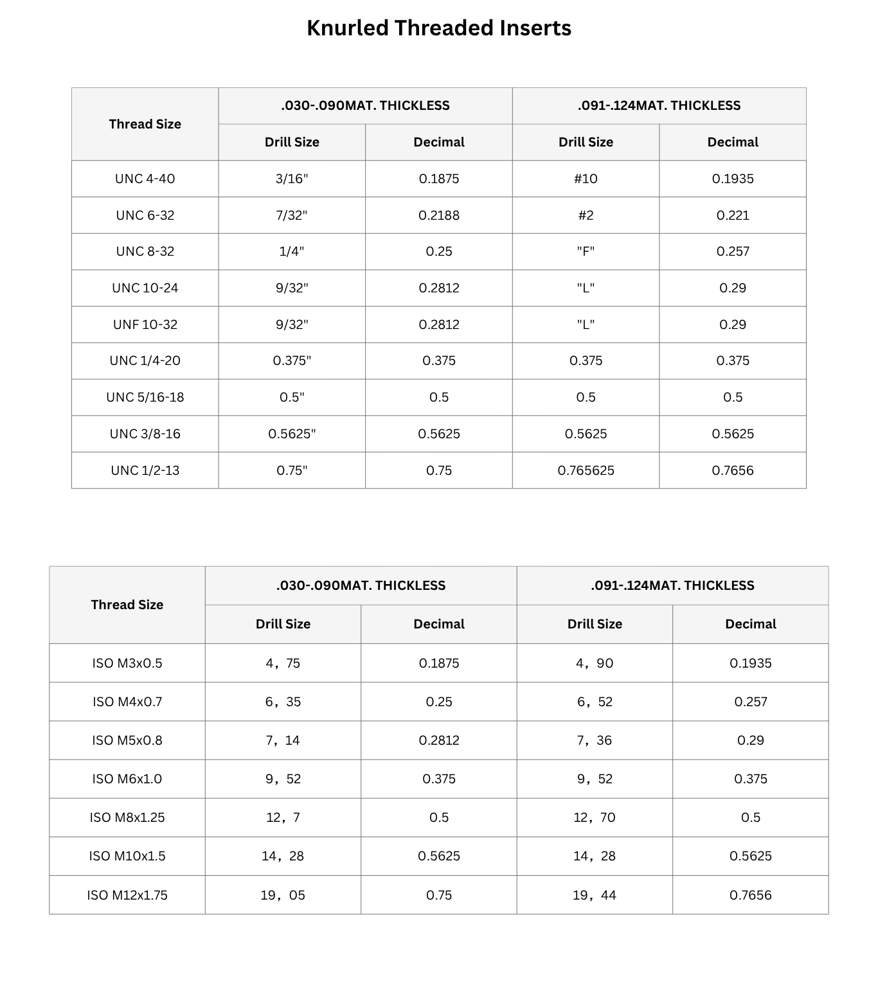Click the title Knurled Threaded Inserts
coord(438,28)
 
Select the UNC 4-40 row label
coord(145,179)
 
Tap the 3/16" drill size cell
coord(292,179)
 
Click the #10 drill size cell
coord(586,179)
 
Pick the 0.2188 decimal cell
coord(439,215)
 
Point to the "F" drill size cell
coord(586,251)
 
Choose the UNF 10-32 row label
coord(145,325)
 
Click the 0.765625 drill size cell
coord(586,470)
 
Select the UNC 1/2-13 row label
coord(145,470)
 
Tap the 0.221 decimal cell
coord(733,215)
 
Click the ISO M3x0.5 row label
coord(127,663)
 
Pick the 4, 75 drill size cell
coord(283,663)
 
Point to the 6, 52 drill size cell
coord(595,702)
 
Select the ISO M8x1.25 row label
coord(127,817)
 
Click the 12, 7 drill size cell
coord(283,817)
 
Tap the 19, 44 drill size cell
coord(595,895)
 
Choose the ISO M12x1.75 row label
coord(127,895)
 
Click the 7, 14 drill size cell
coord(283,740)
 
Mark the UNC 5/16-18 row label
coord(145,397)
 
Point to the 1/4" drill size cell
coord(292,251)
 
